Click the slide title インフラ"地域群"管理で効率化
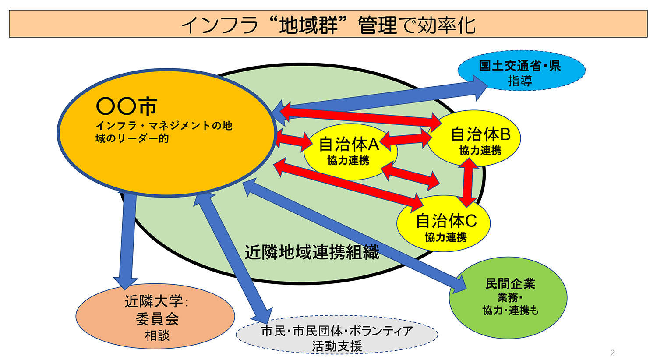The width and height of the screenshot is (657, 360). click(x=328, y=25)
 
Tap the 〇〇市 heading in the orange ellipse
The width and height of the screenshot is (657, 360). click(x=127, y=106)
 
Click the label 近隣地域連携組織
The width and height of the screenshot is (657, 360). click(x=311, y=252)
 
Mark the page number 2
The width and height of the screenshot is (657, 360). click(x=612, y=353)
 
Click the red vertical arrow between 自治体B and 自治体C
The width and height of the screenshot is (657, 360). click(x=468, y=182)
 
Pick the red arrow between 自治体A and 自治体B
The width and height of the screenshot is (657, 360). click(x=406, y=139)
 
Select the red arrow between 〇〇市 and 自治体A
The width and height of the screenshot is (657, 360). click(x=294, y=139)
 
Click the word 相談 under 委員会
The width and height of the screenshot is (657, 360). click(x=157, y=335)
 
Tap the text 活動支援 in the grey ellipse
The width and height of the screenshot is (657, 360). click(x=337, y=346)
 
